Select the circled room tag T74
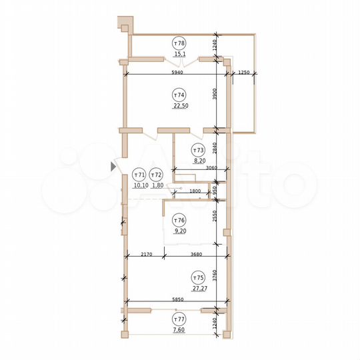click(178, 93)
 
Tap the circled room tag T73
click(198, 149)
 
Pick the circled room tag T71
click(139, 175)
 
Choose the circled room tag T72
click(157, 175)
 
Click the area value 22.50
click(178, 104)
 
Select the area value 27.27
click(198, 289)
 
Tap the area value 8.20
click(198, 161)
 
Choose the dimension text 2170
click(147, 253)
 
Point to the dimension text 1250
click(243, 71)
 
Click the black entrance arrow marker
click(112, 167)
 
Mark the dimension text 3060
click(211, 169)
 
